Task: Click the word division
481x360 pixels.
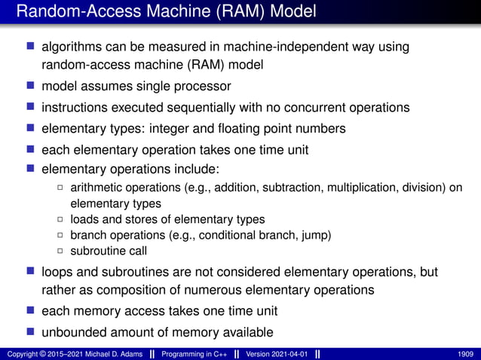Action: pos(421,188)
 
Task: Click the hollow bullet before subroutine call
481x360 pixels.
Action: pos(61,251)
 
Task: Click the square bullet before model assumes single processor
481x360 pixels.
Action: pos(31,86)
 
